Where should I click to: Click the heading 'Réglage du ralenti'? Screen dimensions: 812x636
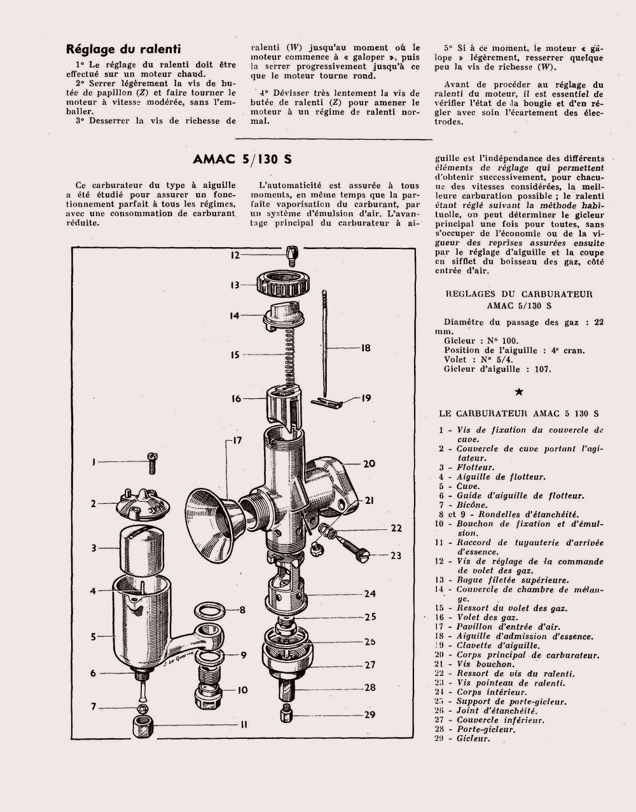click(123, 49)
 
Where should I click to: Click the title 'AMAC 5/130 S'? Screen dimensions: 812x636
click(242, 159)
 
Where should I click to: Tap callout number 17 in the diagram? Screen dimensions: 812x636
click(237, 441)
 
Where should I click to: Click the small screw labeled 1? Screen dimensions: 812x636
click(151, 462)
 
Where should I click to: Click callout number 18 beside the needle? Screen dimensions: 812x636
click(365, 348)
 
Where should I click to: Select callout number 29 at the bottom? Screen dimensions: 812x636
click(370, 714)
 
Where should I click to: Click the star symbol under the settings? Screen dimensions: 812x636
click(518, 392)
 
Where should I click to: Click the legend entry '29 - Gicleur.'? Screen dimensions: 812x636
click(464, 739)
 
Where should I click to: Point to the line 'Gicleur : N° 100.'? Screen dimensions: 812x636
click(487, 341)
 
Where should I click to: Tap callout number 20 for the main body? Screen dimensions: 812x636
click(369, 464)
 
